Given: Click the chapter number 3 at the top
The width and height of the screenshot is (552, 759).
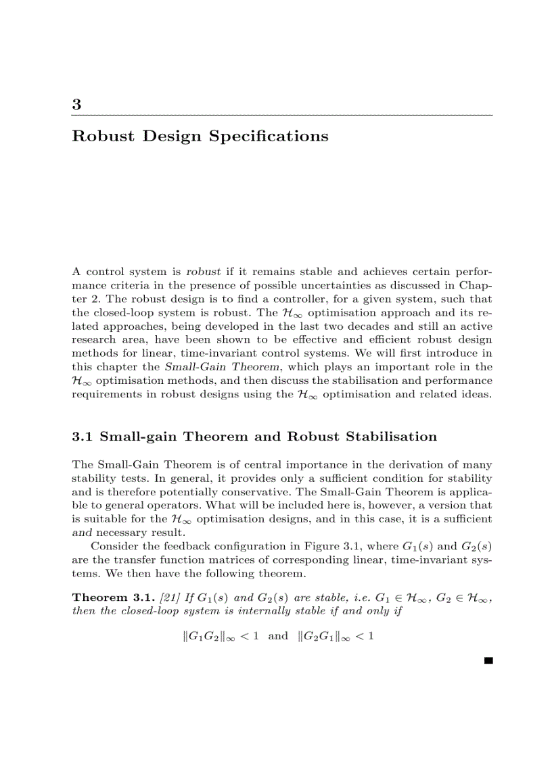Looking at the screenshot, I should point(76,105).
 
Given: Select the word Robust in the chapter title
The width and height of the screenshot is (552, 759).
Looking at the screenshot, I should point(100,137).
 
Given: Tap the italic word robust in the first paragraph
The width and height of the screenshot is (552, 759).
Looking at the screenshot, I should point(203,272).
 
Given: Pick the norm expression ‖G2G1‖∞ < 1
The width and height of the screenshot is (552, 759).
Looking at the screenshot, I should point(336,636).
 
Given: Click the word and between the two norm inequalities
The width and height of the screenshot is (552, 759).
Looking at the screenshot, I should point(278,636).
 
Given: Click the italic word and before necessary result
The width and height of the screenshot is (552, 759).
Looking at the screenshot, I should point(81,532).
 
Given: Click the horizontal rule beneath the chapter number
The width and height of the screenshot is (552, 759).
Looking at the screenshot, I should point(282,116).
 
